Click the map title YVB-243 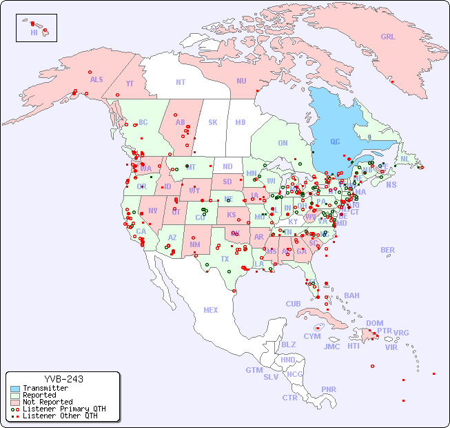[63, 379]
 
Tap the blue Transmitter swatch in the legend [15, 389]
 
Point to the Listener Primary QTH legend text [63, 409]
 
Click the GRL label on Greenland [388, 37]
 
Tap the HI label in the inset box [34, 32]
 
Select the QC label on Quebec [335, 142]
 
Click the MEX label [211, 310]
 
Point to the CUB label [293, 304]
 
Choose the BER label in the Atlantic [387, 250]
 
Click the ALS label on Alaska [96, 80]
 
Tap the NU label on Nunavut [241, 81]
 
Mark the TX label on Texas [225, 259]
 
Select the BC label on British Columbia [143, 122]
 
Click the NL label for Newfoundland [405, 159]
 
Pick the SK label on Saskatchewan [212, 122]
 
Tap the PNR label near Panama [329, 389]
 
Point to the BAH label [351, 295]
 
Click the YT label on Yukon [130, 84]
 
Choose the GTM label [254, 370]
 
